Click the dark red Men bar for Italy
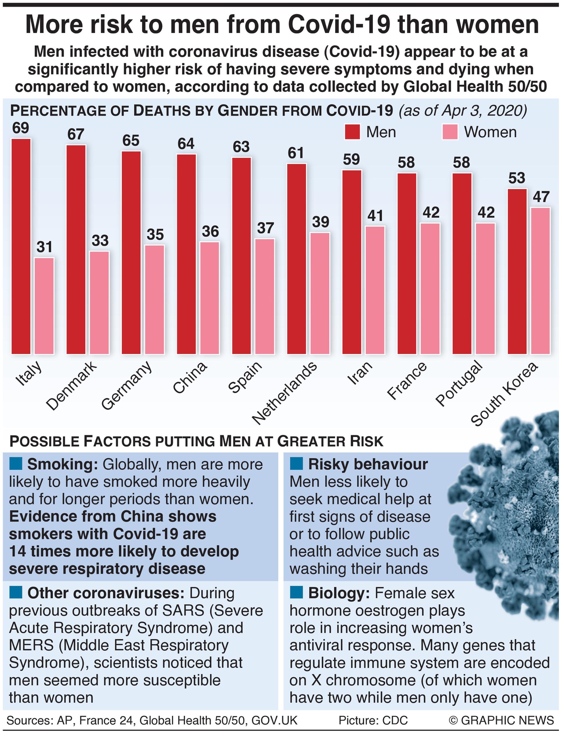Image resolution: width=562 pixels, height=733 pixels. pos(21,246)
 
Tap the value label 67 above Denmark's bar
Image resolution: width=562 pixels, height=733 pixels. pos(76,134)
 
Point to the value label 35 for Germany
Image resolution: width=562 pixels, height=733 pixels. pos(155,235)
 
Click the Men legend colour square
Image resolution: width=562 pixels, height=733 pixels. pos(352,132)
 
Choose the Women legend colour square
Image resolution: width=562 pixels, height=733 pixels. pos(450,132)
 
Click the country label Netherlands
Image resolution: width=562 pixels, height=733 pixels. pos(285,394)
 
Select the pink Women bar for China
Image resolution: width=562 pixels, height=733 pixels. pos(210,298)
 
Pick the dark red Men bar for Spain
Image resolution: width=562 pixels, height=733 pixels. pos(241,255)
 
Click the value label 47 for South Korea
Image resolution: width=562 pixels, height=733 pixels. pos(540,197)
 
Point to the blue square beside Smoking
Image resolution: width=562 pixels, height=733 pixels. pos(16,463)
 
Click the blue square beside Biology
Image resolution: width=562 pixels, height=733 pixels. pos(297,592)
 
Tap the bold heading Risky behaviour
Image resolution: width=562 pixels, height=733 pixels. pos(368,464)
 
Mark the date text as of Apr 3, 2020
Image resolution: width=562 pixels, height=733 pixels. pos(463,110)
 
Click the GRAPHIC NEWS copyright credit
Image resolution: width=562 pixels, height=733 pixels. pos(501,720)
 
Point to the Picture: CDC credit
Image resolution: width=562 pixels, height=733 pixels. pos(373,720)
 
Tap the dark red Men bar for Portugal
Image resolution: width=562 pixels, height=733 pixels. pos(462,263)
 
